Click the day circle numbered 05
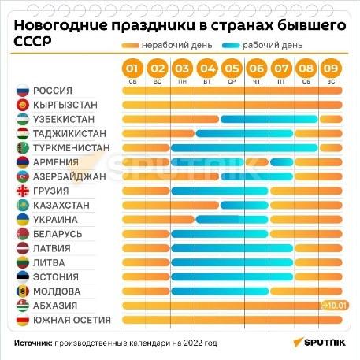click(x=232, y=69)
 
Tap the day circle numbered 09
click(x=331, y=69)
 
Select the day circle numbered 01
click(x=132, y=69)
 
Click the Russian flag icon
click(x=23, y=91)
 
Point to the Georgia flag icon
click(x=23, y=191)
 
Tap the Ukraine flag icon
click(x=23, y=220)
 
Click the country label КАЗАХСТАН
click(x=61, y=206)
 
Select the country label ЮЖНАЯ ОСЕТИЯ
click(x=72, y=320)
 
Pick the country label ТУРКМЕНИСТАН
click(x=72, y=148)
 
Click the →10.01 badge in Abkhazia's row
click(x=335, y=306)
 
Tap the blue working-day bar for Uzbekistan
click(x=269, y=119)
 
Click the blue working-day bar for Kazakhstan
click(x=244, y=206)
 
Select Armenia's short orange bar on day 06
click(x=257, y=162)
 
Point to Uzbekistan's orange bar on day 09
click(x=331, y=119)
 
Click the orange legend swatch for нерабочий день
click(x=130, y=46)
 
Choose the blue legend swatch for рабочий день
click(x=231, y=46)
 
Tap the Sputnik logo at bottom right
click(x=320, y=343)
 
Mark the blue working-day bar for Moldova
click(x=220, y=291)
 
